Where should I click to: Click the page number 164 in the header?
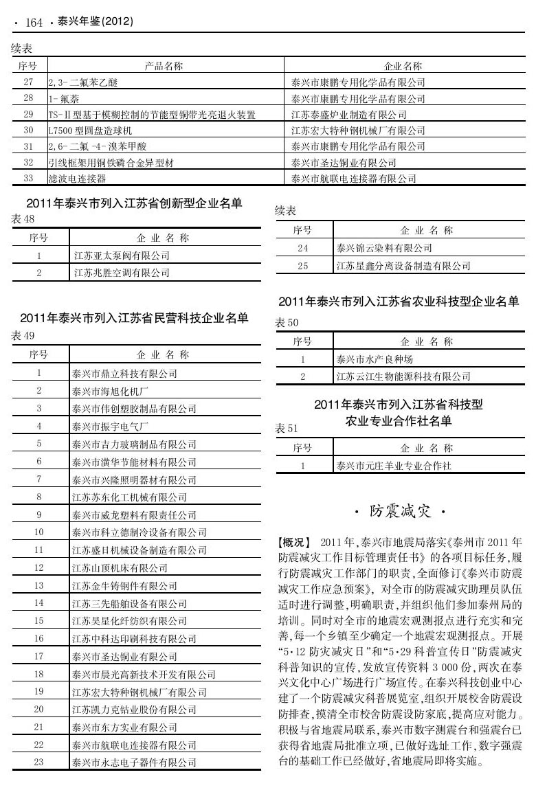34,23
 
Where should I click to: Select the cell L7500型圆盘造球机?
90,130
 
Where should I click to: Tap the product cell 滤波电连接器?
76,179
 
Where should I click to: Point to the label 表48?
23,219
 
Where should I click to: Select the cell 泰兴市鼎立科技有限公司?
124,374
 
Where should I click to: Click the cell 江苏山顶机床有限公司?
120,567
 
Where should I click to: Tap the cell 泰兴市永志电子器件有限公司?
134,762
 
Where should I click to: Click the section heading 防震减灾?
399,511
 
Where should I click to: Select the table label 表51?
287,429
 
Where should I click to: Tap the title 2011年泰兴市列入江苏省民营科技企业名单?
134,318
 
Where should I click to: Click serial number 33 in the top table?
28,179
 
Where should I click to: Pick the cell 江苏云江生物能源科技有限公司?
403,376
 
